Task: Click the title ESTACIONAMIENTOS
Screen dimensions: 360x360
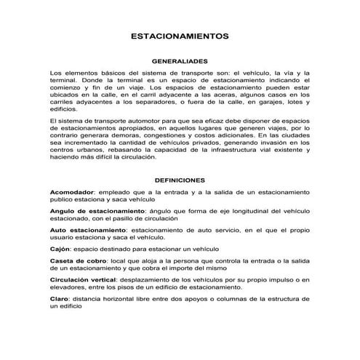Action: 180,34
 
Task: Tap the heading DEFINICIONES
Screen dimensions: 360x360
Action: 180,179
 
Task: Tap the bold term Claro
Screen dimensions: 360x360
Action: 60,298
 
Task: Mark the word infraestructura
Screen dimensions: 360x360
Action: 226,149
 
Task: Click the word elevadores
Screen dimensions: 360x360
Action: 71,286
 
